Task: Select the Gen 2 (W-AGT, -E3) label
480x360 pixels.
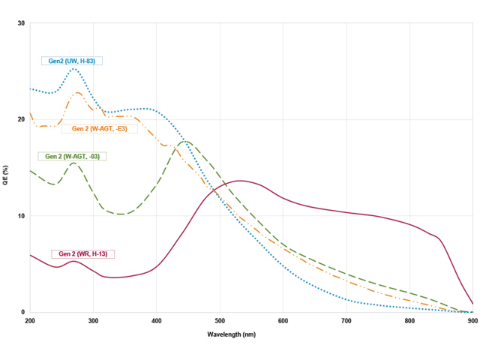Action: pos(99,128)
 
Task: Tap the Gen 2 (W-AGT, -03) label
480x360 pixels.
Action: pos(73,156)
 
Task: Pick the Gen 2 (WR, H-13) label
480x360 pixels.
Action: pos(82,254)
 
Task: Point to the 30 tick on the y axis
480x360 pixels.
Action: pos(22,23)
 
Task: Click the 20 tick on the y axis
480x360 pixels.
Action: pos(22,120)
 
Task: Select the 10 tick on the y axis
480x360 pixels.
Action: pos(22,216)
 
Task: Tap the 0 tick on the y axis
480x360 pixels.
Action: pos(23,313)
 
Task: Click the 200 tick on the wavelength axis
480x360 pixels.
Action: pos(30,321)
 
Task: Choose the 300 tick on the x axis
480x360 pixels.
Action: pos(93,321)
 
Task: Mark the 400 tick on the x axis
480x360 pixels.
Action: pos(157,321)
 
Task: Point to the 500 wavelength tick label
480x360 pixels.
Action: pos(220,321)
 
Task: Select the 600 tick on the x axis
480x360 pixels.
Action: pos(283,321)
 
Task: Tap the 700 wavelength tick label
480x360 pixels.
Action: pos(346,321)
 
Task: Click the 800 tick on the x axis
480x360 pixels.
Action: pos(409,321)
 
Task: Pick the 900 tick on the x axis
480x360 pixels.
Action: pos(472,321)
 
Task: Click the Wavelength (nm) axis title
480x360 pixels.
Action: pos(251,334)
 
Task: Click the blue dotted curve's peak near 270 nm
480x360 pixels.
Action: pos(74,69)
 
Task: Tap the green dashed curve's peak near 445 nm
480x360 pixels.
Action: pos(185,141)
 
